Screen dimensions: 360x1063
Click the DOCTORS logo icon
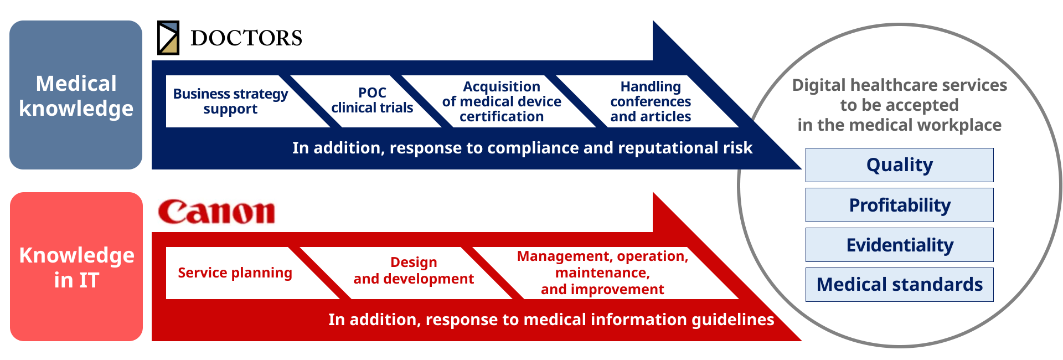coord(168,38)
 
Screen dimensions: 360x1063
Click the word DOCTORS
coord(246,38)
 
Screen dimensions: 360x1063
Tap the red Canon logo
coord(216,212)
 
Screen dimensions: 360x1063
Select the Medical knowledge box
coord(76,95)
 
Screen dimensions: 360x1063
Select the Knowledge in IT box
coord(76,267)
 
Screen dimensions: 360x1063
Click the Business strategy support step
coord(230,101)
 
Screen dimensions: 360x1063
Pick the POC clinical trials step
coord(372,101)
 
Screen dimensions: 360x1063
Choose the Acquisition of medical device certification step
coord(502,101)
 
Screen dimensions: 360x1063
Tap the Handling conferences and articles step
coord(651,101)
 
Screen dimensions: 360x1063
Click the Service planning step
coord(235,273)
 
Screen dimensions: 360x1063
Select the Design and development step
coord(414,271)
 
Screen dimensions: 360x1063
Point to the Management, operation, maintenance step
coord(602,272)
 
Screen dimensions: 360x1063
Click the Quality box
coord(899,165)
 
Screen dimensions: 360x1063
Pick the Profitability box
coord(899,205)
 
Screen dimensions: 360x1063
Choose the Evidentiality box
coord(899,245)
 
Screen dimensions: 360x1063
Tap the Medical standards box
coord(899,285)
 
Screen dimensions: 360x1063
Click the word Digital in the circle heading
coord(819,85)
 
